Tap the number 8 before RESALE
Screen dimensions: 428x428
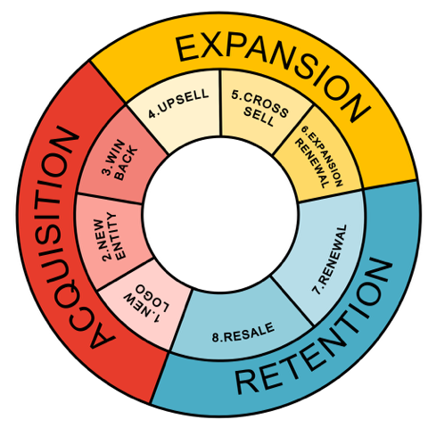tap(217, 338)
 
